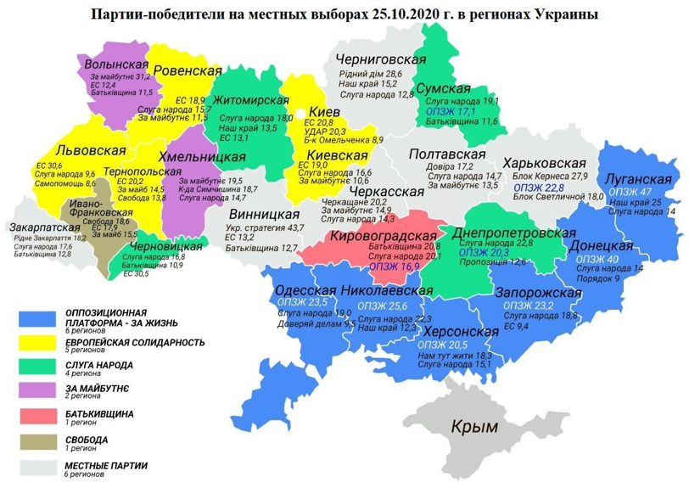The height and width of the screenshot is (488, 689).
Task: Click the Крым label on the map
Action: (474, 427)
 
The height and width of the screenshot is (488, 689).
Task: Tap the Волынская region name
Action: (113, 65)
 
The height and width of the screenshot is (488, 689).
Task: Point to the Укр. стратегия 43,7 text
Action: (271, 228)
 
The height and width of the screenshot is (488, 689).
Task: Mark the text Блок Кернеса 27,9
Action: (550, 177)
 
